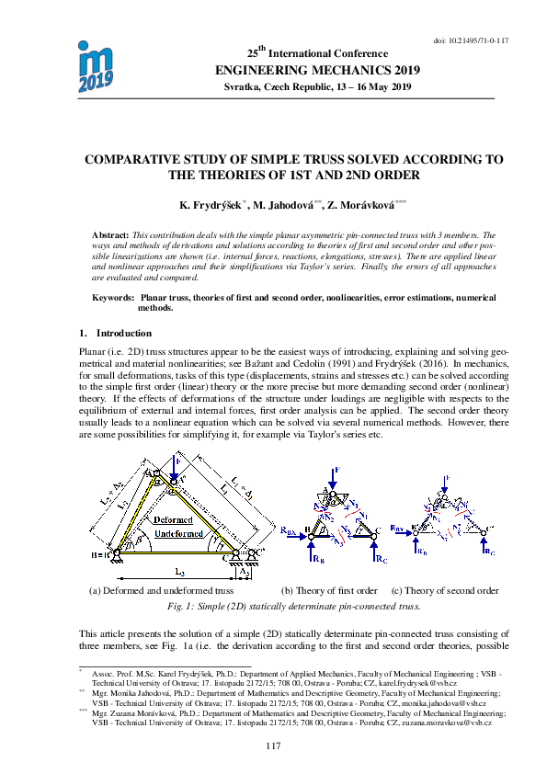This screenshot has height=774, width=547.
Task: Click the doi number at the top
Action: pos(476,41)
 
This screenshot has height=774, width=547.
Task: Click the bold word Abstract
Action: pos(112,236)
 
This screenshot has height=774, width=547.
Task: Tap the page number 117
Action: pos(272,745)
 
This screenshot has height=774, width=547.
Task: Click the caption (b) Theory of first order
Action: pos(329,590)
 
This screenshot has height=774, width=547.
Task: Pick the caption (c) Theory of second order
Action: pos(445,590)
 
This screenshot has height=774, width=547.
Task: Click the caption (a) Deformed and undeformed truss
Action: pos(161,590)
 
